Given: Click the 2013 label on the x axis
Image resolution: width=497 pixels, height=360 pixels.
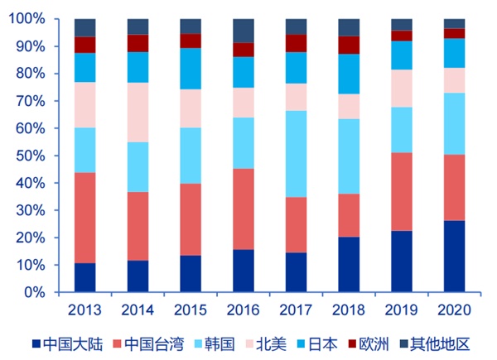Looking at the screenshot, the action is [x=84, y=310].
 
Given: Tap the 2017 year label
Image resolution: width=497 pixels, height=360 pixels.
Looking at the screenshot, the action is [x=296, y=310].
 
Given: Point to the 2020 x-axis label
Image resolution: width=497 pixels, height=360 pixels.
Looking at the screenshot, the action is [x=454, y=310].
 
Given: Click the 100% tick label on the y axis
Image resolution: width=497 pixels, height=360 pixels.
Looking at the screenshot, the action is [x=27, y=19].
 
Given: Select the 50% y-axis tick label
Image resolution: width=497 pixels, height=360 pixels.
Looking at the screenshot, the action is [x=31, y=156].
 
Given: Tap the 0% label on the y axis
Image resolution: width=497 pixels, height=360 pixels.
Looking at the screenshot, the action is [x=34, y=292].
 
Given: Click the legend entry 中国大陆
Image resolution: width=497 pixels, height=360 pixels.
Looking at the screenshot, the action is [x=68, y=344].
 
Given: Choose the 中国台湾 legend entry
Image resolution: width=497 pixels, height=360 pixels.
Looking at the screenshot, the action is [x=148, y=344].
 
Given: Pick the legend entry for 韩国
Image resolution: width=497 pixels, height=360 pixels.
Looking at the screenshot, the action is [x=215, y=344].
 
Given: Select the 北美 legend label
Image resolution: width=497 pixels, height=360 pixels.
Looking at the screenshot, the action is [x=266, y=344].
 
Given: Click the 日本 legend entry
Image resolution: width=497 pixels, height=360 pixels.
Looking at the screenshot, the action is [x=317, y=344].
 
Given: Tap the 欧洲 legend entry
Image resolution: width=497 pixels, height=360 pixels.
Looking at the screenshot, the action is [x=369, y=344].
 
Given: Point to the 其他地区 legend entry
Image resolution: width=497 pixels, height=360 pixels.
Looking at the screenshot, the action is [x=435, y=344].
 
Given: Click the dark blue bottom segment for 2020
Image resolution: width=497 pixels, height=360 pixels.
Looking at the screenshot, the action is [x=454, y=257].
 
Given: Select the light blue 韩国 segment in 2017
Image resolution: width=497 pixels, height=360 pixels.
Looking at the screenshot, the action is [x=296, y=154].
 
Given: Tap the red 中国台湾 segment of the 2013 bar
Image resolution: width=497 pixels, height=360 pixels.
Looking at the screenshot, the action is [x=85, y=218].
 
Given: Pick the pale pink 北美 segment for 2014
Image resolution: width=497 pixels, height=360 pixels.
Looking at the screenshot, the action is [x=138, y=113].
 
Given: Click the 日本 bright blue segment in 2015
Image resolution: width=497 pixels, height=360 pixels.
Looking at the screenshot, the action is [x=191, y=69].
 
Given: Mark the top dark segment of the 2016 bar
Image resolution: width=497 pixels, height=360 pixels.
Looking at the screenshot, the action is [x=244, y=31].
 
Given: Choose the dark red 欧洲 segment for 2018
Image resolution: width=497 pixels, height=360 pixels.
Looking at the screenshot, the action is [x=349, y=45].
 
